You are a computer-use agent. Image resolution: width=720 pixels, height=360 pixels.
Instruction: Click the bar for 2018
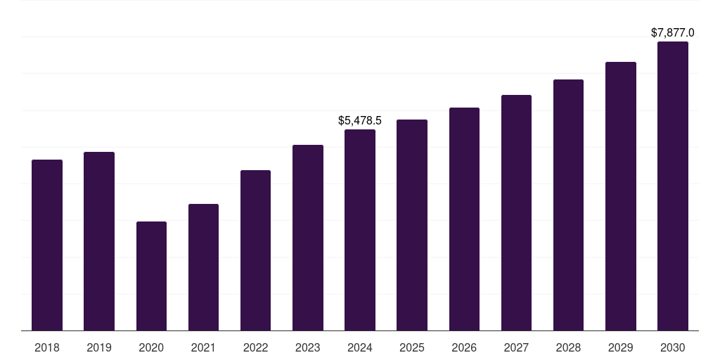pos(47,245)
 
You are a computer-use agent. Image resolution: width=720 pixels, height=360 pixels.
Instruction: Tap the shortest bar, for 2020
pos(151,276)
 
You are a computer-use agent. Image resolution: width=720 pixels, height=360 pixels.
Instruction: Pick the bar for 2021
pos(203,267)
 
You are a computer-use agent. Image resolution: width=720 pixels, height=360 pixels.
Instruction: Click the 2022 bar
pos(255,250)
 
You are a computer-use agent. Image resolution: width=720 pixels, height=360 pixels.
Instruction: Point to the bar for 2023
pos(308,238)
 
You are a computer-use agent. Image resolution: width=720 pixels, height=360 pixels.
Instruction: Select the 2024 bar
pos(360,230)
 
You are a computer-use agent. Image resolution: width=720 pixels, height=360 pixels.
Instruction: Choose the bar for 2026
pos(464,219)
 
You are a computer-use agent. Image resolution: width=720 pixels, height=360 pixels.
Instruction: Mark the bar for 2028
pos(568,205)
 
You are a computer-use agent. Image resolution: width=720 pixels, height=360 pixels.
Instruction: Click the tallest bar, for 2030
pos(672,186)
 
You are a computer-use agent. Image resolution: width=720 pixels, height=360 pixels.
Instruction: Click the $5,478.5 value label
pos(360,121)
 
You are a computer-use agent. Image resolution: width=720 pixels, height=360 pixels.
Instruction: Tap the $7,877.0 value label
pos(672,33)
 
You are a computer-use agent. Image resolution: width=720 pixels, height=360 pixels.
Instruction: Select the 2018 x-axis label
pos(47,347)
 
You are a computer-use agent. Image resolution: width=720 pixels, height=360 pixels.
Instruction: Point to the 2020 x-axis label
pos(151,347)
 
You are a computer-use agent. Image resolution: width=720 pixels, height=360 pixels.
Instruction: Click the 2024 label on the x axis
pos(360,347)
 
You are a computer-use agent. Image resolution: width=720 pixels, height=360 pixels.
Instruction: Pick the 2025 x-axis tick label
pos(412,347)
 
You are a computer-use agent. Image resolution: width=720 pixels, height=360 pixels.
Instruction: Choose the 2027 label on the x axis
pos(516,347)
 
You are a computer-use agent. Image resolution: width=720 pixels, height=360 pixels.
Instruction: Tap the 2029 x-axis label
pos(620,347)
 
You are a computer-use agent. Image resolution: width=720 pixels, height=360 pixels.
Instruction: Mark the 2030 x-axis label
pos(672,347)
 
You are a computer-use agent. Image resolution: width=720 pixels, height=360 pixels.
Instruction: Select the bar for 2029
pos(620,196)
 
